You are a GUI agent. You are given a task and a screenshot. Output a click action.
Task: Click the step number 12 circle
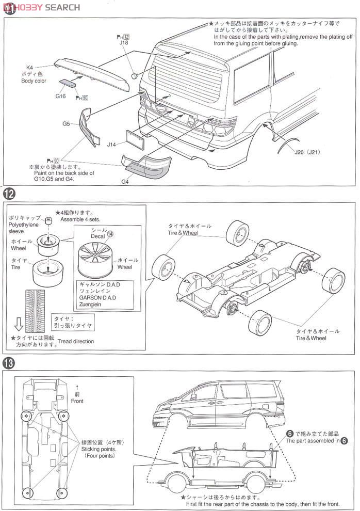(9, 195)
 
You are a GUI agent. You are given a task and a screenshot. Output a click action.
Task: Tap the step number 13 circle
(9, 363)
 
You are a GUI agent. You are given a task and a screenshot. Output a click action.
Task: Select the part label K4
(30, 68)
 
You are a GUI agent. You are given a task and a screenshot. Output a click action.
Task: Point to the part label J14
(111, 145)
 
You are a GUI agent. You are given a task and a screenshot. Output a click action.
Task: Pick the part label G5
(67, 123)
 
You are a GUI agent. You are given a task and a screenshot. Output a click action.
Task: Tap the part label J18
(123, 43)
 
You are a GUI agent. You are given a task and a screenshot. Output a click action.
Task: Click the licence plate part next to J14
(135, 139)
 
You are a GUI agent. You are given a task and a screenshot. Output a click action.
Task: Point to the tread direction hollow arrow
(19, 324)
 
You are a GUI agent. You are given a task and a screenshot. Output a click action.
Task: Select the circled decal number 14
(110, 233)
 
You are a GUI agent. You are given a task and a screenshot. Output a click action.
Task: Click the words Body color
(34, 81)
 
